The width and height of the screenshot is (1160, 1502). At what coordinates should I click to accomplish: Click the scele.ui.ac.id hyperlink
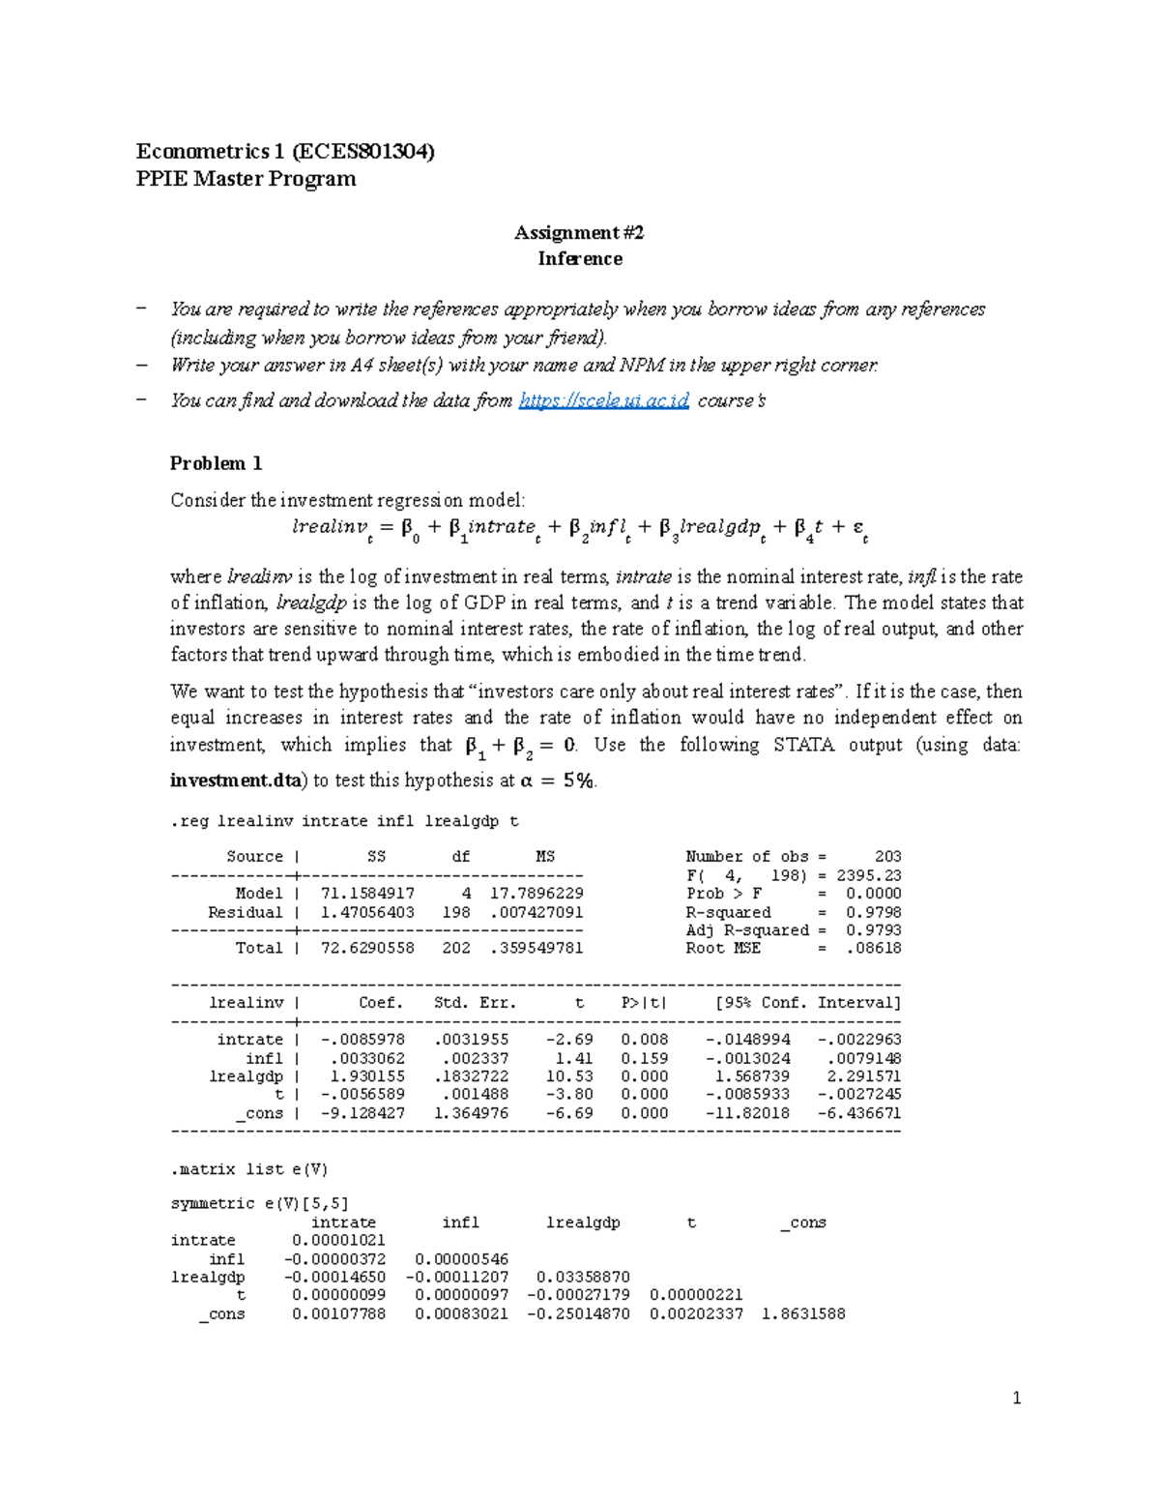click(604, 400)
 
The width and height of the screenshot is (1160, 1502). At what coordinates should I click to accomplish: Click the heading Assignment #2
click(579, 232)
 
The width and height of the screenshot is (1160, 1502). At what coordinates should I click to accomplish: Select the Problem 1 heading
click(216, 463)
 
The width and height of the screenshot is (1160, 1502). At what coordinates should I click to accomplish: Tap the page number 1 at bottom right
click(1016, 1398)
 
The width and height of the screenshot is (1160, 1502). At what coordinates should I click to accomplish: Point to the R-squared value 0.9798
click(873, 912)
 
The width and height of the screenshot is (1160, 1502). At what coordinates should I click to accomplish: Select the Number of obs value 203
click(886, 857)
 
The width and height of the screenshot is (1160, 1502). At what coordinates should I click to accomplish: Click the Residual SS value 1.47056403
click(367, 912)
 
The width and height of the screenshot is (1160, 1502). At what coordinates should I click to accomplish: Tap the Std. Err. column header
click(475, 1003)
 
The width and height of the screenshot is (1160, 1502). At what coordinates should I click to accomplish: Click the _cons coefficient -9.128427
click(362, 1113)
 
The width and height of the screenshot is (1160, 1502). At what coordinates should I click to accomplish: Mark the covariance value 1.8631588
click(802, 1313)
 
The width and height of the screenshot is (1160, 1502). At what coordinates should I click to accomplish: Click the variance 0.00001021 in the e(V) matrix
click(338, 1241)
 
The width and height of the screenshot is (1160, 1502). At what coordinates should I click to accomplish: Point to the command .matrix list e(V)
click(249, 1169)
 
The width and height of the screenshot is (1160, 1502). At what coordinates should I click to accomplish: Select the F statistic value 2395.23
click(868, 875)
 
